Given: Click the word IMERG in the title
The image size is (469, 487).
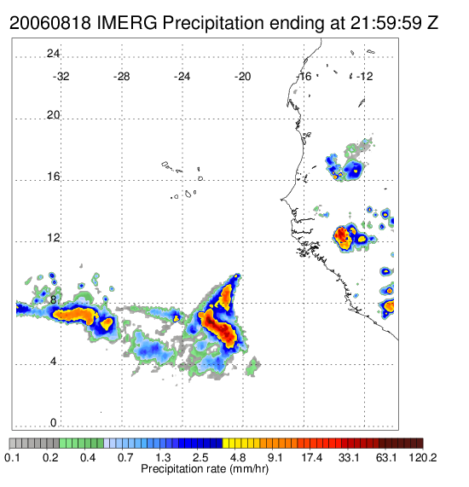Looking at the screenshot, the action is click(127, 23).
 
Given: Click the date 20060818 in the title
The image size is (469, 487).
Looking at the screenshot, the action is click(50, 23).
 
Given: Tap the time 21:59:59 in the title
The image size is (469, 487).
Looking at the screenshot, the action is click(386, 23).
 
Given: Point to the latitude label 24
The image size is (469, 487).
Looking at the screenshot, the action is click(53, 54).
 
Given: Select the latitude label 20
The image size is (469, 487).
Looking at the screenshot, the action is click(53, 115).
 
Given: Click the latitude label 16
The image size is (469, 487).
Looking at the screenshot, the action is click(53, 177).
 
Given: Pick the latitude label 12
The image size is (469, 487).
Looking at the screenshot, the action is click(53, 238).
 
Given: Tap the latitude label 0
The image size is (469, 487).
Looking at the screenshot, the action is click(54, 423).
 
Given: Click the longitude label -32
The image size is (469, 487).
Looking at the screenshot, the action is click(61, 77).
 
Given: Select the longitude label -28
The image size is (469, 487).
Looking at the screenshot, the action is click(121, 77).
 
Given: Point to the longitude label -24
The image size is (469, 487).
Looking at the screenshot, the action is click(182, 77).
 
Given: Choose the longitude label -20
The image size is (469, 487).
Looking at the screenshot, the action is click(242, 77).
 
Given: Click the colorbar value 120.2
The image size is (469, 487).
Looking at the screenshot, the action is click(423, 457).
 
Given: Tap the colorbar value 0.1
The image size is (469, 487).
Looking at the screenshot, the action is click(12, 457).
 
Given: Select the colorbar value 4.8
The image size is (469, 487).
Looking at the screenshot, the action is click(238, 457).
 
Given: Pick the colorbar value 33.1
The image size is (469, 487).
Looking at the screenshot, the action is click(349, 457).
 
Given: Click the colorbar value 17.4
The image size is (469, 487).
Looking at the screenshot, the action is click(312, 457).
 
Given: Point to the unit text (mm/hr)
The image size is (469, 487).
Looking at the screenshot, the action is click(249, 469).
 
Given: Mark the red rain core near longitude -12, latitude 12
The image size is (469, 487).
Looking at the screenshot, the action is click(342, 235).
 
